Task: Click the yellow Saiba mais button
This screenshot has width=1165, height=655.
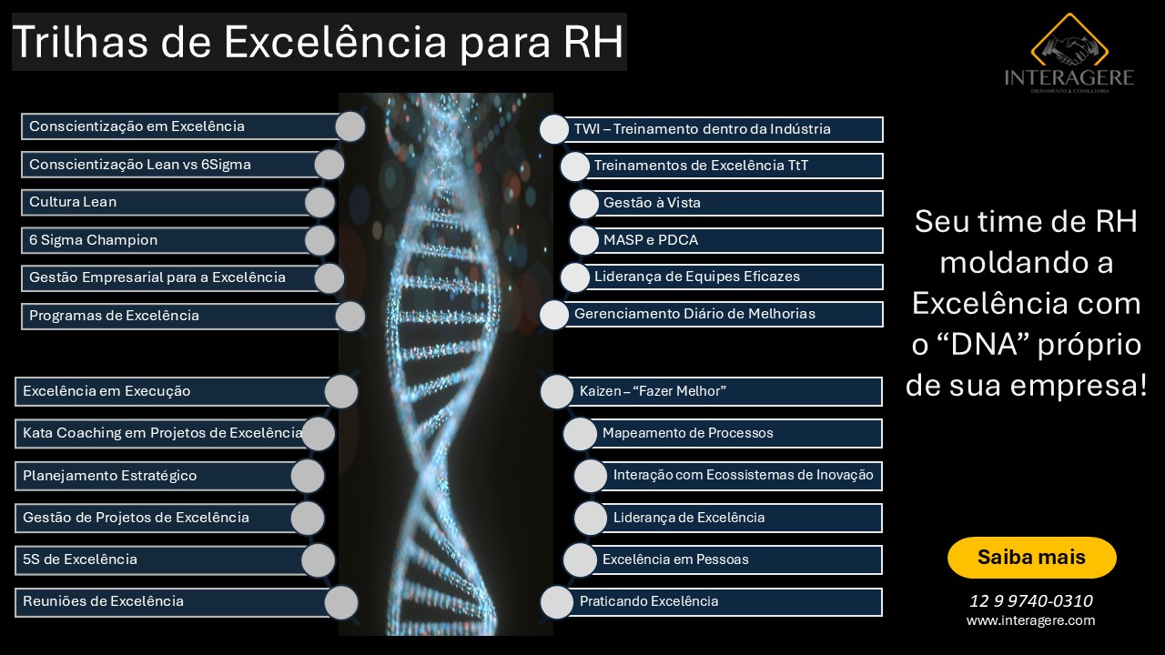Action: coord(1031,558)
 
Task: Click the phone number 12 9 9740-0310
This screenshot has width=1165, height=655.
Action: coord(1031,601)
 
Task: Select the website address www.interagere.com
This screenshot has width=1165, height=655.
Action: coord(1031,620)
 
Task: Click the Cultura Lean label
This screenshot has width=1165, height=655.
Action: coord(73,202)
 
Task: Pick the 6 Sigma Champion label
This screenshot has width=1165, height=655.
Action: coord(93,239)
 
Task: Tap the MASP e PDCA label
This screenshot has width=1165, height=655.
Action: coord(651,239)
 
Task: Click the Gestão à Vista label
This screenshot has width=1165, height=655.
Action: coord(652,202)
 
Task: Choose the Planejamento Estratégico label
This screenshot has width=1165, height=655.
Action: coord(110,476)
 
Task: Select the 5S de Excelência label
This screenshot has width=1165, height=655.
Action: coord(80,559)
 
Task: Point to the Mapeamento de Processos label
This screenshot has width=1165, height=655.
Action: coord(687,433)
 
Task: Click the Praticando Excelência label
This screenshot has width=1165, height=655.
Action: coord(649,601)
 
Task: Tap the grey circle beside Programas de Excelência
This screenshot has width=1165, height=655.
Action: coord(350,316)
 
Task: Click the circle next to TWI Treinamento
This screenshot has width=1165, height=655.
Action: coord(554,129)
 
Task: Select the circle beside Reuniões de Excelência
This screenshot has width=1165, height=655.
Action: coord(341,602)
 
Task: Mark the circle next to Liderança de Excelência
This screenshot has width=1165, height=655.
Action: coord(591,519)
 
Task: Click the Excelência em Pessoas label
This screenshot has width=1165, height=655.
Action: coord(675,559)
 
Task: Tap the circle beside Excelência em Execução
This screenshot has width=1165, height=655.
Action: coord(341,391)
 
